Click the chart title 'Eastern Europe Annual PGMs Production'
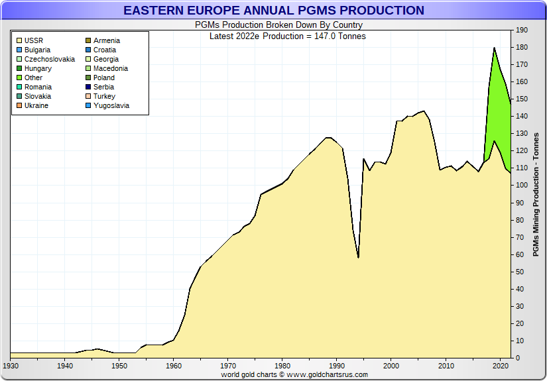tap(273, 11)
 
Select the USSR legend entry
tap(34, 40)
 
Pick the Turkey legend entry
tap(104, 96)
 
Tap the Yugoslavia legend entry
tap(111, 105)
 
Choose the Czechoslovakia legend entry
tap(49, 59)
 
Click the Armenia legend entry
tap(106, 40)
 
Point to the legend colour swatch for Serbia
tap(88, 87)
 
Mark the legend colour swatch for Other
tap(19, 78)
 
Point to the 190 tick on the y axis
tap(521, 30)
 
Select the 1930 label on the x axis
tap(11, 366)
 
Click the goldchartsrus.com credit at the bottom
tap(294, 374)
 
